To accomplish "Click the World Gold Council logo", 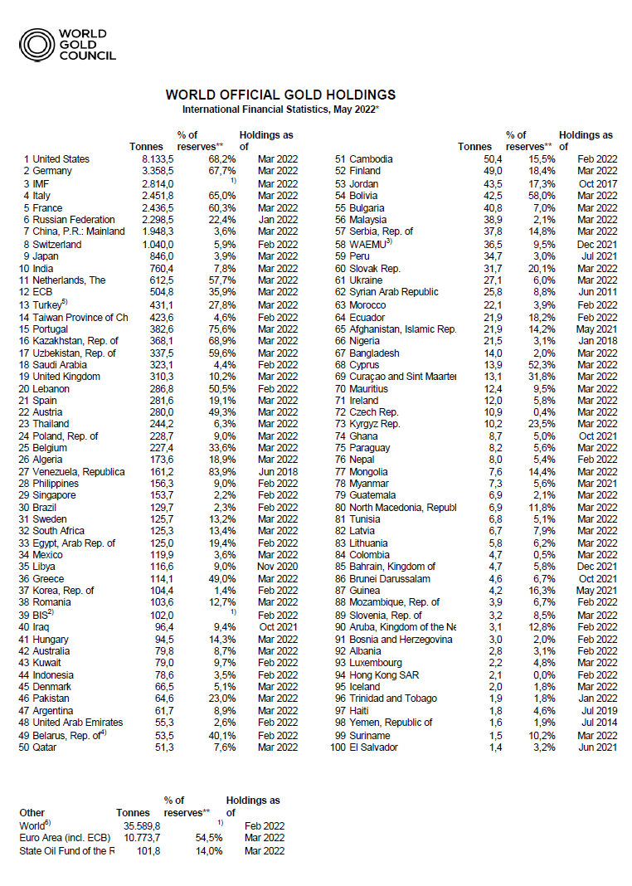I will [x=68, y=45].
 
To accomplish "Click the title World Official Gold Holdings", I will [x=280, y=95].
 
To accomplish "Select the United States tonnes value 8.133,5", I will [x=154, y=158].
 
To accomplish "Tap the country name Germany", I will [x=53, y=171].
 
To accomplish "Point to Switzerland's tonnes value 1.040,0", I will [x=154, y=246].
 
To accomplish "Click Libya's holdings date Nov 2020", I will [x=277, y=567].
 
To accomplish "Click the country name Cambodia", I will [x=372, y=158].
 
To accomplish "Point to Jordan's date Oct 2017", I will [x=597, y=183].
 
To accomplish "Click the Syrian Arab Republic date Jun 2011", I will [x=597, y=292].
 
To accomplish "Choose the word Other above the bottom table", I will [x=32, y=812].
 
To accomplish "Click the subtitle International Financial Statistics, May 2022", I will [x=280, y=109].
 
